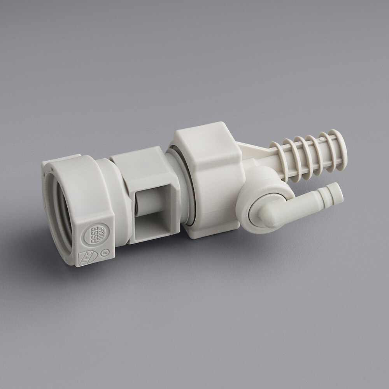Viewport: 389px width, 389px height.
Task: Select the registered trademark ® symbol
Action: coord(105,252)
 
